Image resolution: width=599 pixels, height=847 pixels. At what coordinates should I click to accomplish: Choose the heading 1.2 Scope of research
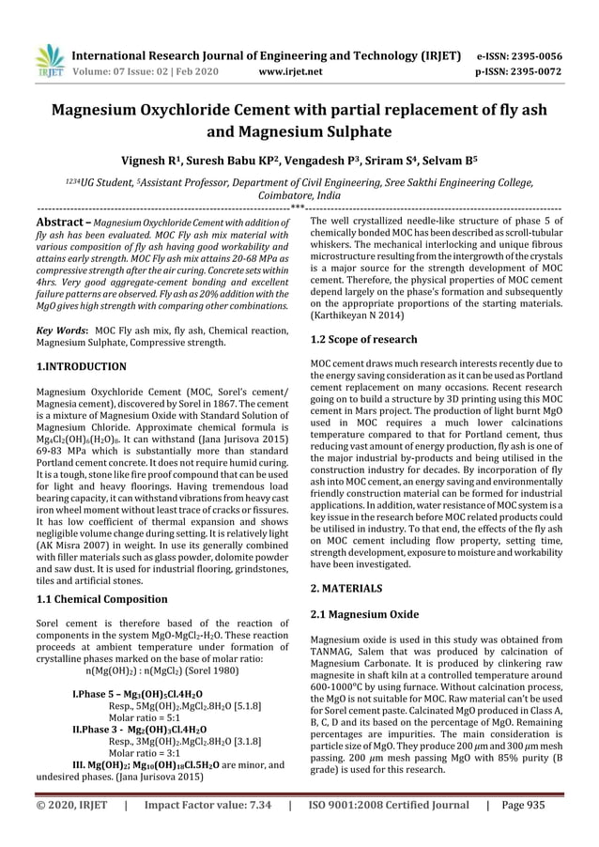(x=363, y=341)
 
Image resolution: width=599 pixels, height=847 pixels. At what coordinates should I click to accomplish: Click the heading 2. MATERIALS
(x=346, y=588)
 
